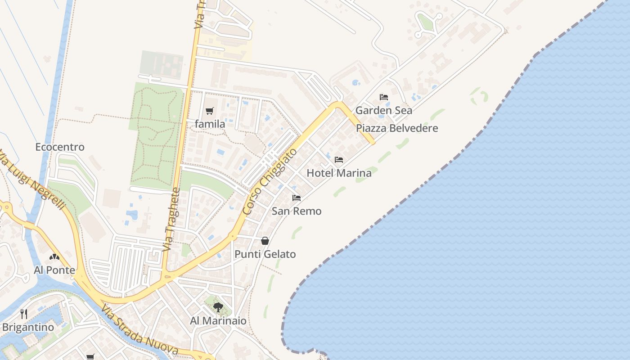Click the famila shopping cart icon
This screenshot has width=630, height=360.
pyautogui.click(x=209, y=111)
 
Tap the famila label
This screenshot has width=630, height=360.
pyautogui.click(x=210, y=123)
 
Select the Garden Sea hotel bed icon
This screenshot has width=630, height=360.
pyautogui.click(x=384, y=97)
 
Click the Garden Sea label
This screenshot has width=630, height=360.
pyautogui.click(x=384, y=110)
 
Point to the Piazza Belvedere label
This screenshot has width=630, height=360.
pyautogui.click(x=397, y=128)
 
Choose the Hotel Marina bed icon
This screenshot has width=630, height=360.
pyautogui.click(x=339, y=160)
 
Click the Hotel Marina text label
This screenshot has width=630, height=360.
pyautogui.click(x=339, y=173)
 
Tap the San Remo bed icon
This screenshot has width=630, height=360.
pyautogui.click(x=297, y=198)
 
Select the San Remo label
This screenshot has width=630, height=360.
pyautogui.click(x=297, y=211)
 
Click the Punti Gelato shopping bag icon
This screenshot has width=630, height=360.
pyautogui.click(x=265, y=241)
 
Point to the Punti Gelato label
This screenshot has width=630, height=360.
pyautogui.click(x=265, y=254)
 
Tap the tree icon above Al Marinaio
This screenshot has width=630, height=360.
pyautogui.click(x=218, y=307)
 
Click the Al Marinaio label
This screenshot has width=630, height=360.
pyautogui.click(x=218, y=321)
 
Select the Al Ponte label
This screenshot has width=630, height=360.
pyautogui.click(x=54, y=270)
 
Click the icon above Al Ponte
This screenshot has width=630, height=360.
pyautogui.click(x=54, y=257)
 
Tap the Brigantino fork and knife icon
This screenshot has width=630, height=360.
pyautogui.click(x=24, y=314)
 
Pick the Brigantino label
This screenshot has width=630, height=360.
pyautogui.click(x=28, y=327)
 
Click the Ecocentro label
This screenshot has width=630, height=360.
pyautogui.click(x=60, y=147)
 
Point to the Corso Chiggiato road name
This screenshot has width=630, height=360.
pyautogui.click(x=270, y=181)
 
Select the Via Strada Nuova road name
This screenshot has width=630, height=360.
pyautogui.click(x=139, y=330)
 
